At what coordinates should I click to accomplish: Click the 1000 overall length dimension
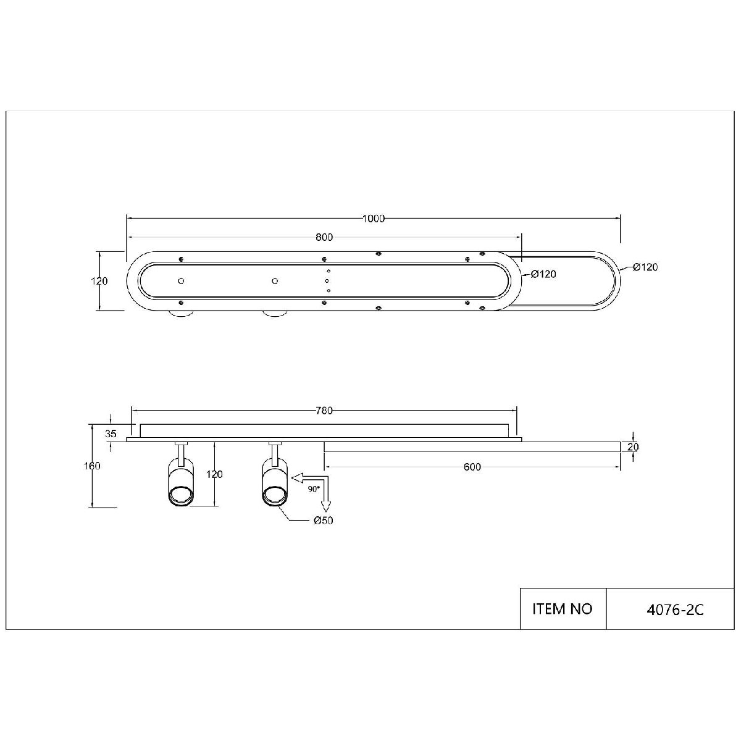pyautogui.click(x=374, y=219)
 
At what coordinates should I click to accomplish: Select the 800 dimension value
pyautogui.click(x=324, y=237)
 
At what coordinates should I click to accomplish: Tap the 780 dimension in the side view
pyautogui.click(x=324, y=411)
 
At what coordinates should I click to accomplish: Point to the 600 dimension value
pyautogui.click(x=472, y=467)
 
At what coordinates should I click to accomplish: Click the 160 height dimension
pyautogui.click(x=92, y=466)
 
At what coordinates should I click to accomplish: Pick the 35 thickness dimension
pyautogui.click(x=111, y=433)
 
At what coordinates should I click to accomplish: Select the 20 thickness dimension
pyautogui.click(x=632, y=447)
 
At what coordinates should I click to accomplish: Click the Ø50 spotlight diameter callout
pyautogui.click(x=323, y=521)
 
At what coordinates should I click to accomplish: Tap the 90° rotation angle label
pyautogui.click(x=314, y=489)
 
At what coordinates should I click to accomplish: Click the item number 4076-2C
pyautogui.click(x=675, y=610)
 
